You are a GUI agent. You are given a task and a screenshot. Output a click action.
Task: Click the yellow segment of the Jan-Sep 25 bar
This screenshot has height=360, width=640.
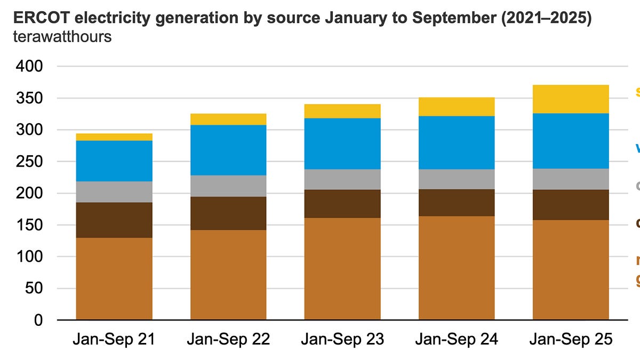pyautogui.click(x=571, y=99)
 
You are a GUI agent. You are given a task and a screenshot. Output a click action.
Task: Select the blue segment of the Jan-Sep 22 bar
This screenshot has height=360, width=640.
pyautogui.click(x=228, y=150)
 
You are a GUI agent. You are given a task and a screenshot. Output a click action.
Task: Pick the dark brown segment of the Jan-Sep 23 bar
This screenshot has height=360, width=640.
pyautogui.click(x=342, y=204)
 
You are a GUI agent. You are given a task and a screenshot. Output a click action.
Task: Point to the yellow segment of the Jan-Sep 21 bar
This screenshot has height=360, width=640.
pyautogui.click(x=114, y=137)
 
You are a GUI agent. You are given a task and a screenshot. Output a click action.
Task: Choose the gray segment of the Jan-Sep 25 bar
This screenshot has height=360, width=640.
pyautogui.click(x=571, y=179)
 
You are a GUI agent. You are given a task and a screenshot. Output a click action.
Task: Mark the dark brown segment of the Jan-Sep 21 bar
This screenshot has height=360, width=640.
pyautogui.click(x=114, y=220)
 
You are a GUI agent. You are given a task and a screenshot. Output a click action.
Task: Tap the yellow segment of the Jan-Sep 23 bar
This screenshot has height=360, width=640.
pyautogui.click(x=342, y=111)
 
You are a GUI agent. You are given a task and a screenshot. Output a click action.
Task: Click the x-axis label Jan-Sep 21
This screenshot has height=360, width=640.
pyautogui.click(x=114, y=339)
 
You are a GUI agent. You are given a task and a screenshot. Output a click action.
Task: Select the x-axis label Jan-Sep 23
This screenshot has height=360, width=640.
pyautogui.click(x=342, y=339)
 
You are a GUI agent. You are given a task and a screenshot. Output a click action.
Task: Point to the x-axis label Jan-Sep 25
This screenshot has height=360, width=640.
pyautogui.click(x=571, y=339)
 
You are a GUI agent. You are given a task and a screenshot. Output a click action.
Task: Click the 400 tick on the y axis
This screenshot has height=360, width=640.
pyautogui.click(x=31, y=67)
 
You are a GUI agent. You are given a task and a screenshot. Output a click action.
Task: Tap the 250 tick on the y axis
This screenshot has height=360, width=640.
pyautogui.click(x=31, y=162)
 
